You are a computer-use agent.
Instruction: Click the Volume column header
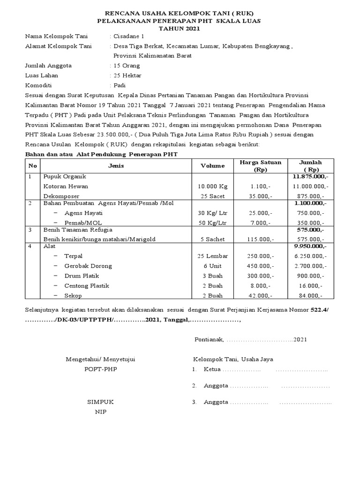click(212, 166)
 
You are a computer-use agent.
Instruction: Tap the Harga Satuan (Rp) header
click(260, 166)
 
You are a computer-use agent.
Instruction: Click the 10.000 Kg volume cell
click(212, 186)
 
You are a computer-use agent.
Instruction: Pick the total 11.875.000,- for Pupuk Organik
click(310, 176)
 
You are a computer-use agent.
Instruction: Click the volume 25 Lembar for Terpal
click(212, 256)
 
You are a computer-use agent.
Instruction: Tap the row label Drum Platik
click(85, 276)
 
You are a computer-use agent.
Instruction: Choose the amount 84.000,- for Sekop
click(310, 295)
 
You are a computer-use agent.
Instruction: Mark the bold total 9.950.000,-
click(310, 246)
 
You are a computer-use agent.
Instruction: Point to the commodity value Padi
click(120, 85)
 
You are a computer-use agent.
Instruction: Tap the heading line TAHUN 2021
click(180, 29)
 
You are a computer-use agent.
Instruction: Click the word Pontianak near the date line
click(209, 339)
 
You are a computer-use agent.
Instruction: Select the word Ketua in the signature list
click(212, 369)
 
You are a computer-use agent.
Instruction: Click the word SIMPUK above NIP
click(100, 402)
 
